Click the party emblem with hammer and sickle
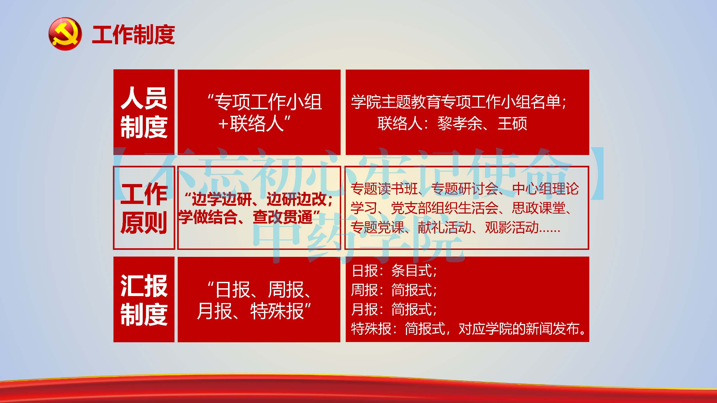[65, 34]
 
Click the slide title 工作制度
[133, 35]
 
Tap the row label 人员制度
[144, 112]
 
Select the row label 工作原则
[144, 208]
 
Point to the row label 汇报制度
[144, 300]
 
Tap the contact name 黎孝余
[460, 123]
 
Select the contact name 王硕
[512, 123]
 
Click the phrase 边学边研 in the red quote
[222, 199]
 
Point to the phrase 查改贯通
[283, 217]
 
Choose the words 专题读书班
[384, 189]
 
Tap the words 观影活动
[512, 227]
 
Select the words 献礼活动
[445, 227]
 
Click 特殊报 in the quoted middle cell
[277, 311]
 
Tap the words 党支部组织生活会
[444, 208]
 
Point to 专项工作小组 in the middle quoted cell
[269, 102]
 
